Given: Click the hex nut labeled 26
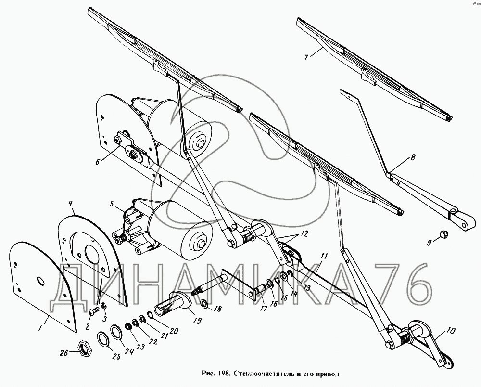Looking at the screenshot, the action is [84, 348].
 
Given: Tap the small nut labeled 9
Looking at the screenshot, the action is [443, 234].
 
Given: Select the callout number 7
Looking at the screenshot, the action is [306, 57].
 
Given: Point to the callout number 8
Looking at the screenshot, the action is [413, 158].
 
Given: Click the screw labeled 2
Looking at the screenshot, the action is [93, 311].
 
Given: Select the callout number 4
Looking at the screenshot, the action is [70, 203].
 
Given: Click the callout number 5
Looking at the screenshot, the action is [112, 203].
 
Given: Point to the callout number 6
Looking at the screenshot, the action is [98, 161].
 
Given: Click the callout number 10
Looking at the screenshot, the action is [451, 330].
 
